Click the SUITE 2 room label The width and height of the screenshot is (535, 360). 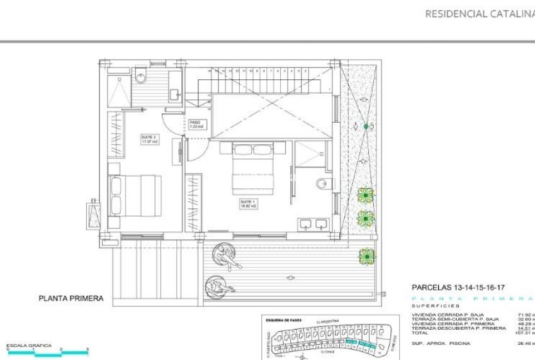[148, 139]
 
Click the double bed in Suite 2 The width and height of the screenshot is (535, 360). [135, 194]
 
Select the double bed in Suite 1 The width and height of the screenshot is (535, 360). [259, 168]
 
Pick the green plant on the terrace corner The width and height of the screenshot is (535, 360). [366, 256]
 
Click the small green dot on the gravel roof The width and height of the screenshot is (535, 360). [366, 127]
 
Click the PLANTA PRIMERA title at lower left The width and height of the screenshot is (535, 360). [70, 299]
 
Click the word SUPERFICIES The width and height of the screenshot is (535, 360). [434, 307]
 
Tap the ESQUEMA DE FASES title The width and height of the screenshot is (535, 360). [284, 320]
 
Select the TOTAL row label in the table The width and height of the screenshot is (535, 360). [421, 333]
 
